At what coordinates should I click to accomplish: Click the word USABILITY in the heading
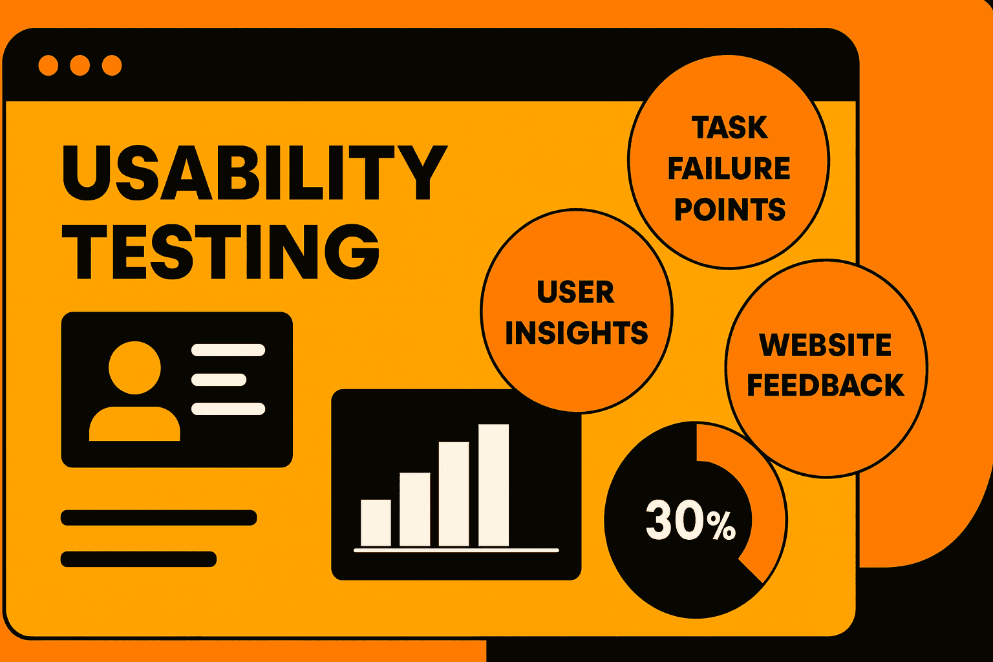[x=254, y=173]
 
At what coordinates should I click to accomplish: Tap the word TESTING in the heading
[x=220, y=251]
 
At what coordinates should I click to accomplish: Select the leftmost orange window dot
[x=48, y=65]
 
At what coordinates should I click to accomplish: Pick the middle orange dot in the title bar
[x=80, y=65]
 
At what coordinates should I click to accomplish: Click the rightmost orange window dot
[x=112, y=65]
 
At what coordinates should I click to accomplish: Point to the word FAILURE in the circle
[x=729, y=169]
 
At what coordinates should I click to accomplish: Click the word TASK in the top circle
[x=729, y=128]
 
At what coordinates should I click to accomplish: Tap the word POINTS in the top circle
[x=729, y=210]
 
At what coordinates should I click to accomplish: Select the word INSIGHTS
[x=576, y=334]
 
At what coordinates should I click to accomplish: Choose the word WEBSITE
[x=826, y=345]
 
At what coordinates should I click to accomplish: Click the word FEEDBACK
[x=826, y=385]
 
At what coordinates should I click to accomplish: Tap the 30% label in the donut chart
[x=690, y=521]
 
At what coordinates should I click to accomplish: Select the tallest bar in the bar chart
[x=493, y=485]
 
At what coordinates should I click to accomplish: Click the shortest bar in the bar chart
[x=376, y=522]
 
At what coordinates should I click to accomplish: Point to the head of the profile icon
[x=134, y=367]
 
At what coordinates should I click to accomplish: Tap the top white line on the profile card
[x=228, y=350]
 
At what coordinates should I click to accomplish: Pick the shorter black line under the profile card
[x=138, y=559]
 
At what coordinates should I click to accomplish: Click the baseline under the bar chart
[x=456, y=550]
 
